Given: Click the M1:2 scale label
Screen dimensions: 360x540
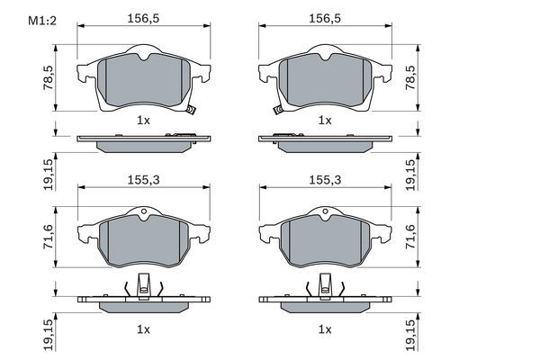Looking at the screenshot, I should tap(29, 20).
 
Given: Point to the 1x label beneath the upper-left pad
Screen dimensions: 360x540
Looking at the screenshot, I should tap(142, 120).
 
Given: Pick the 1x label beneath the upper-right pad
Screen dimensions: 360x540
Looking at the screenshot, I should tap(324, 120).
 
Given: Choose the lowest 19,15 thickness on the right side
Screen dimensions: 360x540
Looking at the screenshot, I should tap(410, 334).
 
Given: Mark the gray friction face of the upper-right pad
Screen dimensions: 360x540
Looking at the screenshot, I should tap(324, 81).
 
